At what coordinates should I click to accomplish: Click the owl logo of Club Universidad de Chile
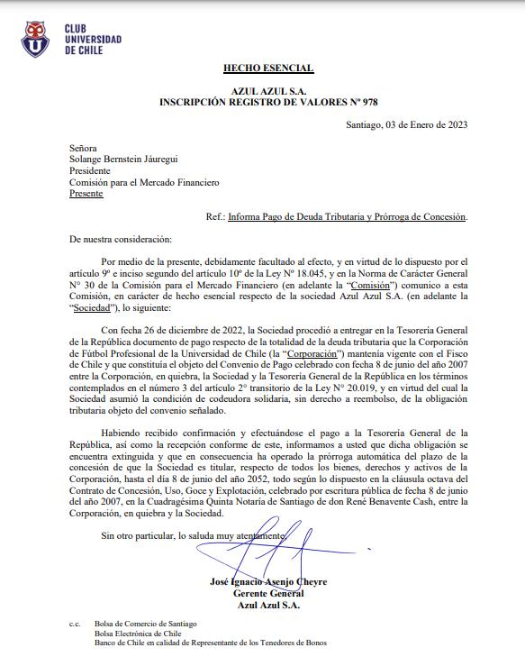click(x=37, y=37)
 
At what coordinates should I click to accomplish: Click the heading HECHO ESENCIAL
click(x=268, y=68)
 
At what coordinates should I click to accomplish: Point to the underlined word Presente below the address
click(x=86, y=193)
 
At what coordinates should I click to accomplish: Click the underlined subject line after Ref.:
click(x=348, y=217)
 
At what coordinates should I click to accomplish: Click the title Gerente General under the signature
click(x=268, y=593)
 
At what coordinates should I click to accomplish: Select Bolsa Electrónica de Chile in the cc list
click(x=144, y=633)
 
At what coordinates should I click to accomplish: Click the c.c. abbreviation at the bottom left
click(x=75, y=623)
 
